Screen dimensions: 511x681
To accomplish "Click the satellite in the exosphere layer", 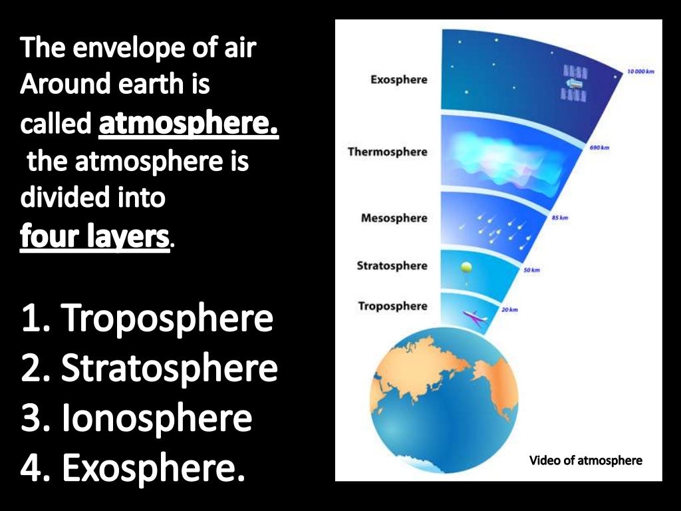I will coord(573,83).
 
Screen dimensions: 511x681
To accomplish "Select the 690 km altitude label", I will coord(599,147).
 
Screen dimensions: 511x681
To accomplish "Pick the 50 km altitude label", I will coord(531,270).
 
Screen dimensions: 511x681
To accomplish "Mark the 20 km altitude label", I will coord(509,310).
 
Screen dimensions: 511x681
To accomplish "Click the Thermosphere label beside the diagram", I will coord(387,152).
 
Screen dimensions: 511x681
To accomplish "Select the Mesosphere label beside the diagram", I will coord(394,218).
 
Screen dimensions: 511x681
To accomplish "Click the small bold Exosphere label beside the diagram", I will coord(398,80).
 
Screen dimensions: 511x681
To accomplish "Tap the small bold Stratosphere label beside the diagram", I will coord(392,266).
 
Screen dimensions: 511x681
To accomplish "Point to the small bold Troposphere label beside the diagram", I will coord(392,306).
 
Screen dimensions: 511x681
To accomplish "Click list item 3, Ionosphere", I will coord(136,418).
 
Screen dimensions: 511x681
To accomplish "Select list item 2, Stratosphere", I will coord(149,369).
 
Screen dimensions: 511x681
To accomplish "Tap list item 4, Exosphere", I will coord(133,467).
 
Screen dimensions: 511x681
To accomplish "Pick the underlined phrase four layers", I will coord(95,236).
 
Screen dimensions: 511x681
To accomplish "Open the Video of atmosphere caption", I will coord(585,460).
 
